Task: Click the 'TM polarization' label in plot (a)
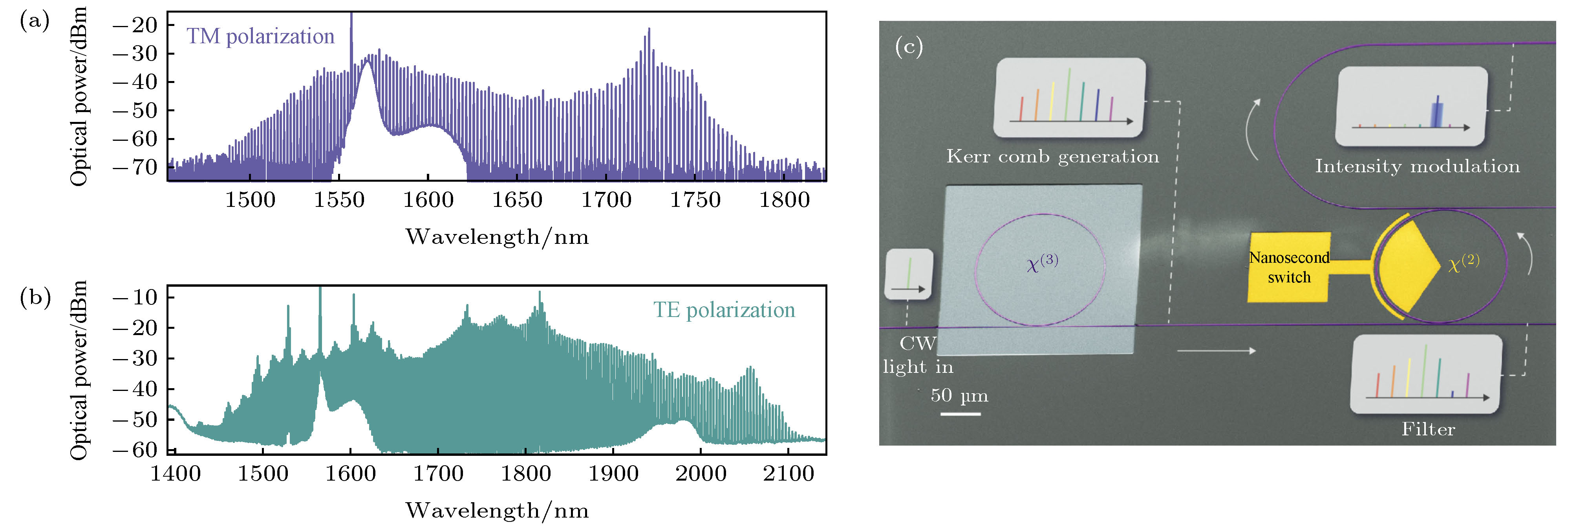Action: (260, 36)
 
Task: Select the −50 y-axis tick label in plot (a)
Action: (135, 110)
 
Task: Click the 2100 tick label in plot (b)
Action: (788, 474)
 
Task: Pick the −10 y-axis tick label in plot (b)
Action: (135, 297)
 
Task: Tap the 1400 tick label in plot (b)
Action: (176, 474)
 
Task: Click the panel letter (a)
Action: (34, 22)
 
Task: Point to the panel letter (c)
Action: (909, 46)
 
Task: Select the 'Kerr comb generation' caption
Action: (1052, 157)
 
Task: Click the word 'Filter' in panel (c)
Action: (1428, 429)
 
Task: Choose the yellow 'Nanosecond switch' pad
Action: (1289, 267)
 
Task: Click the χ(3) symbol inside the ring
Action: (1042, 262)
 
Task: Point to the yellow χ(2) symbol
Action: (1463, 263)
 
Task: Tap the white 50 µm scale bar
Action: (960, 414)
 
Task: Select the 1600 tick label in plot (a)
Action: (428, 200)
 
